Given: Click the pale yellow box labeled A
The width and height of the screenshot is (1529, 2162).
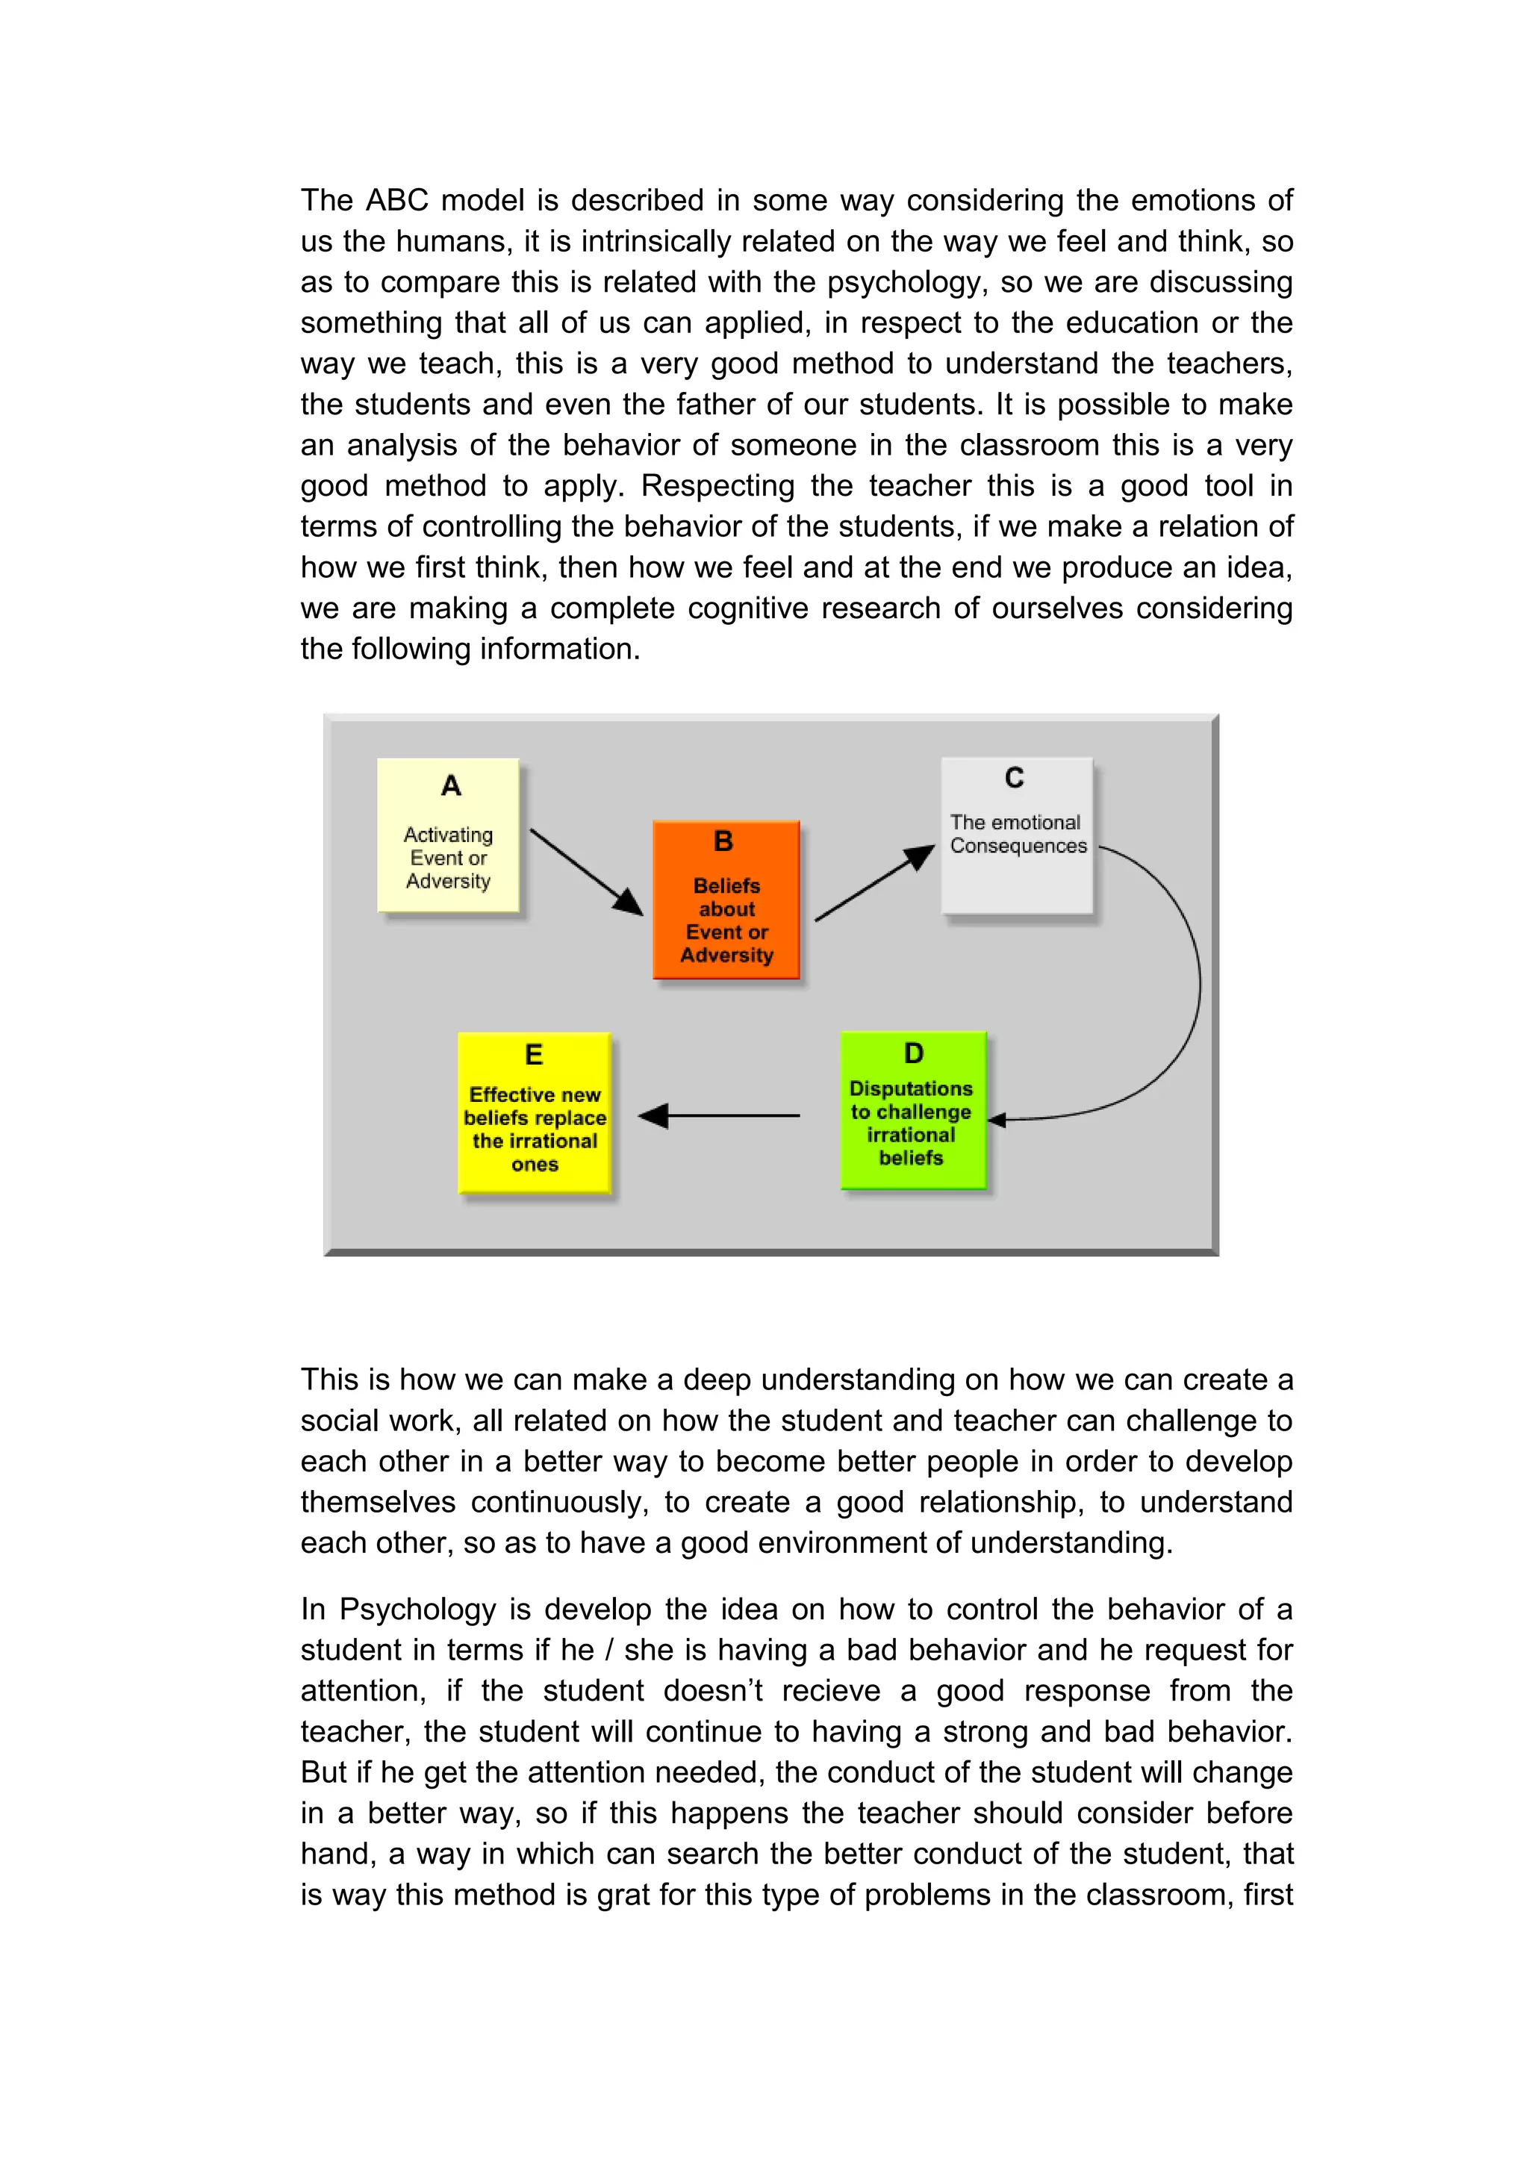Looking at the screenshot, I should tap(448, 835).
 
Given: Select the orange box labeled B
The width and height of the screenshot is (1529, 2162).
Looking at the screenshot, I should tap(726, 900).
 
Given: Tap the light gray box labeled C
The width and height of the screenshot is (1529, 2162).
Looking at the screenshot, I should tap(1017, 835).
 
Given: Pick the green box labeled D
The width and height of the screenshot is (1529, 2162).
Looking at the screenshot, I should tap(912, 1110).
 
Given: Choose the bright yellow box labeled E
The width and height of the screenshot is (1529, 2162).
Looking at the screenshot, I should tap(534, 1113).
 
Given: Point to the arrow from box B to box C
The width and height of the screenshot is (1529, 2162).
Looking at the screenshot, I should tap(874, 883).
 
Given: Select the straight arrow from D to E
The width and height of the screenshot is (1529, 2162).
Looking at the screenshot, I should tap(720, 1116).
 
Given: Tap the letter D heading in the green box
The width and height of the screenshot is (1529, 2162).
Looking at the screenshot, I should tap(913, 1053).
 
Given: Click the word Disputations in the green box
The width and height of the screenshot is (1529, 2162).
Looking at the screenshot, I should tap(910, 1088).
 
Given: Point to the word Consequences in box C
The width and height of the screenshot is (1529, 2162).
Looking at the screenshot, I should tap(1018, 846).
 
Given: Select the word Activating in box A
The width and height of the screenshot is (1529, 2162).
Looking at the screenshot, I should tap(448, 835).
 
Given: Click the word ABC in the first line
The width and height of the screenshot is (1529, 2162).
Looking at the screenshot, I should tap(396, 201).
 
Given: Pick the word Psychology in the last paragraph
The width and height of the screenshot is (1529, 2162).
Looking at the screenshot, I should tap(417, 1610).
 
